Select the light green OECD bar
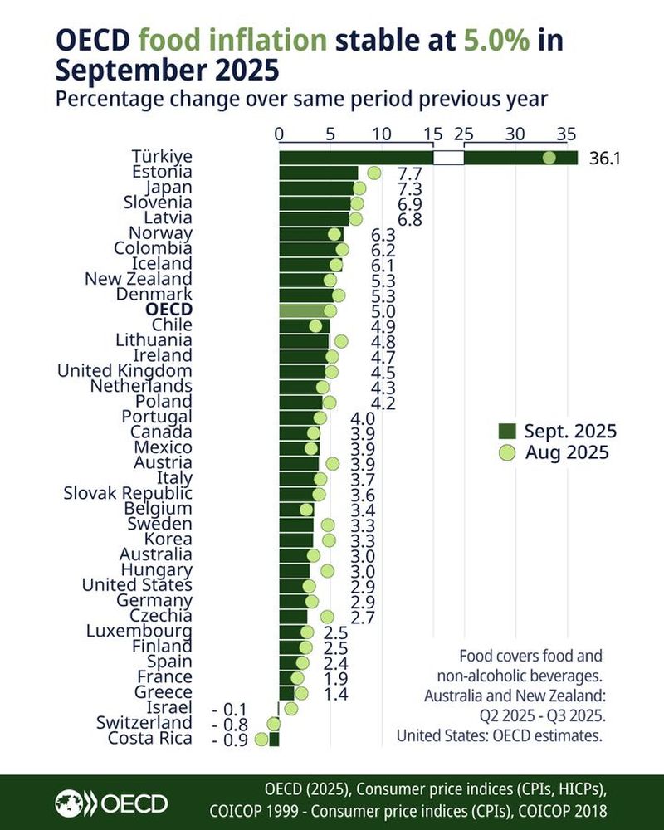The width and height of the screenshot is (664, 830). pos(304,310)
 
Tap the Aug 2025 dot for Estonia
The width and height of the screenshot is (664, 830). pos(373,173)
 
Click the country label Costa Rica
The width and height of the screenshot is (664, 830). pos(150,739)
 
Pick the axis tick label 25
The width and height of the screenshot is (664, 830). pos(464,134)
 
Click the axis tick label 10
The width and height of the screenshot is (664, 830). pos(382,134)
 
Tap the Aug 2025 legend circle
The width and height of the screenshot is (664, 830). pos(507,452)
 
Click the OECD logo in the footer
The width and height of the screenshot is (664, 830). pos(111,803)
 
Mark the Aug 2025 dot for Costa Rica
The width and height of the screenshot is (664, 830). pos(261,739)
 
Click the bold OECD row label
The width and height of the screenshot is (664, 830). pos(168,309)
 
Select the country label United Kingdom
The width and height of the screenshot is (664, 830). pos(124,370)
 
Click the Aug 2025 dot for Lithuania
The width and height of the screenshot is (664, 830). pos(340,340)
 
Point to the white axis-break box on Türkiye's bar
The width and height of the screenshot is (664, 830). pos(448,158)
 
